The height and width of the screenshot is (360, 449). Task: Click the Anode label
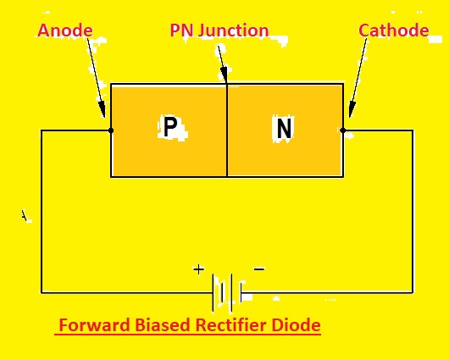pos(64,31)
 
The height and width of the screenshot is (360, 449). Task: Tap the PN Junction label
pos(219,31)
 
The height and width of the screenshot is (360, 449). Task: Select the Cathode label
pos(393,31)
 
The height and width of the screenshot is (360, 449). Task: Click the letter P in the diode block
pos(170,128)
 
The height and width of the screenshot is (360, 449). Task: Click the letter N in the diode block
pos(284,129)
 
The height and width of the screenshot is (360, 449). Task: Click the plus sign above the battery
pos(198,269)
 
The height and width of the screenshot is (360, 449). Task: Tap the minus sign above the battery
pos(259,269)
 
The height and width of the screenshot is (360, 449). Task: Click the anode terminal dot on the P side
pos(111,130)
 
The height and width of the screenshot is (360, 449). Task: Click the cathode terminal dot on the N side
pos(343,130)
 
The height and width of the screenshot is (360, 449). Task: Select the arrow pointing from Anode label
pos(95,80)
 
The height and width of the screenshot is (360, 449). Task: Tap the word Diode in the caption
pos(297,325)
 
